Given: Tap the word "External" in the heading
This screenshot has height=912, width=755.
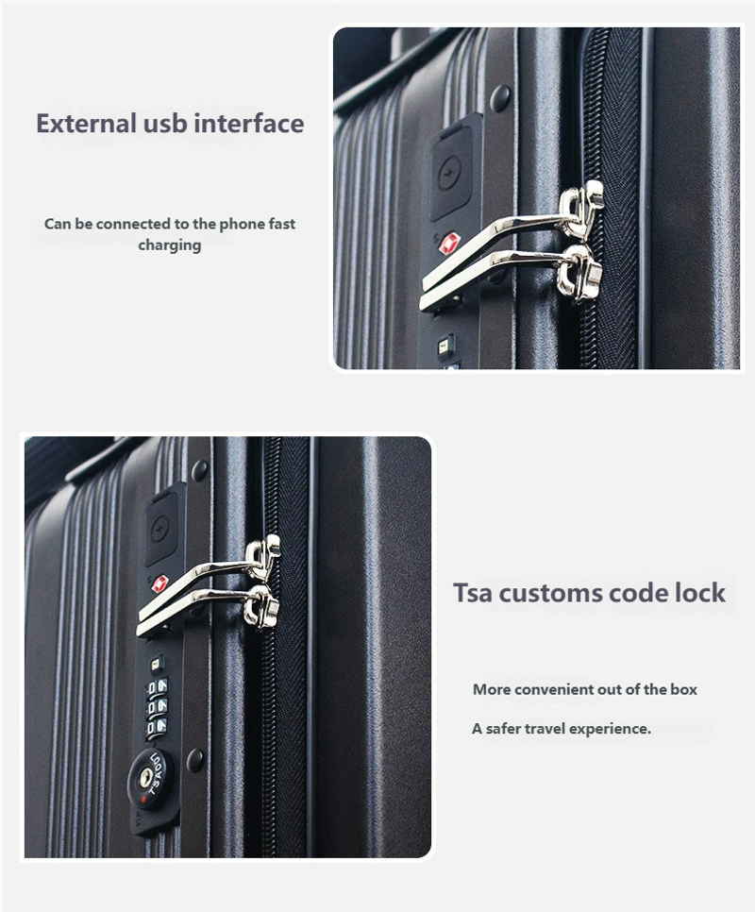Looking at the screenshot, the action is pyautogui.click(x=86, y=124).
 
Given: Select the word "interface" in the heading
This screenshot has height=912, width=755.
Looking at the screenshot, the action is pyautogui.click(x=249, y=124).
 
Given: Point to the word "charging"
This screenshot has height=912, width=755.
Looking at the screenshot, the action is pyautogui.click(x=170, y=245).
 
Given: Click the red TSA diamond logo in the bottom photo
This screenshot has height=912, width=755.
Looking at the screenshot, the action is pyautogui.click(x=159, y=583).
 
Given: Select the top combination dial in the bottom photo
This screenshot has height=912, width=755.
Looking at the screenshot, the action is pyautogui.click(x=157, y=687).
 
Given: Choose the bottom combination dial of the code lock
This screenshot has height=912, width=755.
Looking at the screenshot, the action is pyautogui.click(x=157, y=726).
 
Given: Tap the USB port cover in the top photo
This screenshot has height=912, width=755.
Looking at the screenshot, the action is pyautogui.click(x=450, y=175).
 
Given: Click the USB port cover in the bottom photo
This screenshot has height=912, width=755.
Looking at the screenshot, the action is pyautogui.click(x=161, y=528).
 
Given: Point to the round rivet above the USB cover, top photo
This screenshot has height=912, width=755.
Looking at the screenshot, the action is pyautogui.click(x=500, y=96).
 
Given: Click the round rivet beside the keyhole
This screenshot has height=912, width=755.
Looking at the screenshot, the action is pyautogui.click(x=195, y=759).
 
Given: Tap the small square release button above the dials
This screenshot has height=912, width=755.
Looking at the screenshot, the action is pyautogui.click(x=155, y=663).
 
